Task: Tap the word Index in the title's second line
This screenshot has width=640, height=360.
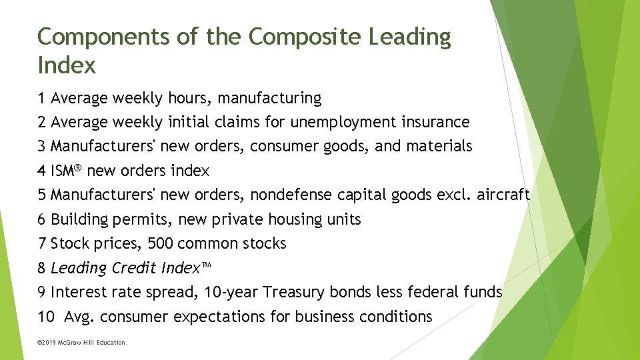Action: coord(67,66)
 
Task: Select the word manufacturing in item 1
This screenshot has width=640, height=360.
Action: coord(270,99)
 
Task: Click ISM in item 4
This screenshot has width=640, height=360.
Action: coord(65,171)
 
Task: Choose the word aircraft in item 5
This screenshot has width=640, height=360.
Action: coord(503,195)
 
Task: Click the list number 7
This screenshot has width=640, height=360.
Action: coord(42,244)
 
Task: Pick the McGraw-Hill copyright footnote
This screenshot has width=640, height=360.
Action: coord(82,343)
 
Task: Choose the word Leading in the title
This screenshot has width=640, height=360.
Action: coord(409,37)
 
